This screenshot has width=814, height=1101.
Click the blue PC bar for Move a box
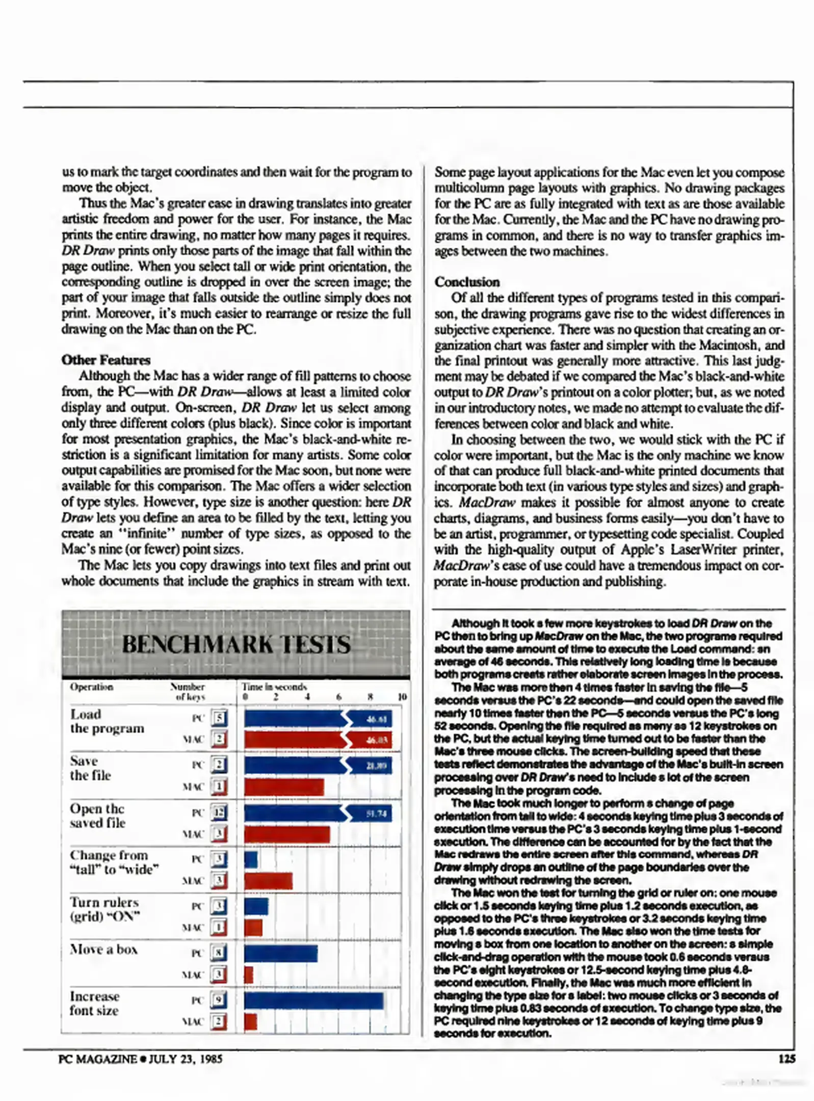pos(280,953)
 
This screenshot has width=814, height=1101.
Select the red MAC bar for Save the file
pos(284,787)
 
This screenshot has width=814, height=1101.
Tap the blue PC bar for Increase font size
pos(313,1001)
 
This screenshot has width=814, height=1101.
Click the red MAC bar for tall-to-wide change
pos(268,881)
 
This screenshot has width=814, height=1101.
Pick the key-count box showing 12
pos(219,812)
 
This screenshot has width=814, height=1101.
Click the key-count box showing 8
pos(219,953)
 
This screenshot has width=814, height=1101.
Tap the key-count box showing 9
pos(219,1000)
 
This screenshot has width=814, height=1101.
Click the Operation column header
pos(92,687)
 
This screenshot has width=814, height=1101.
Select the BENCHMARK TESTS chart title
pos(236,644)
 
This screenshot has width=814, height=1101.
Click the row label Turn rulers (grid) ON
pos(105,909)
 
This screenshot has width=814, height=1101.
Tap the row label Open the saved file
pos(97,816)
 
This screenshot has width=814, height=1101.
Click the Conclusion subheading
pos(467,282)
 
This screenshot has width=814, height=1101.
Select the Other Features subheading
pos(106,360)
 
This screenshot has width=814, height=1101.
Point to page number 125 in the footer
pos(786,1059)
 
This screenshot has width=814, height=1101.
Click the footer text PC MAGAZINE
pos(97,1059)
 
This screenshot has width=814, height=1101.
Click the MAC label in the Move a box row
pos(193,975)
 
